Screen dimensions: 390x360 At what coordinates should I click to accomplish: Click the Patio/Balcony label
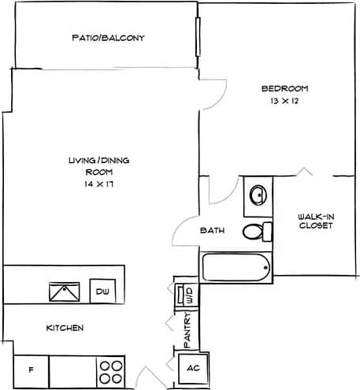(108, 38)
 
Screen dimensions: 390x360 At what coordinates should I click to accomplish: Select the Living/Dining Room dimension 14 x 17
(99, 183)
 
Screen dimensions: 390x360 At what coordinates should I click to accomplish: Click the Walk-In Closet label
(315, 221)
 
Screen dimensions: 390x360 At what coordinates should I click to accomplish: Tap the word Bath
(213, 232)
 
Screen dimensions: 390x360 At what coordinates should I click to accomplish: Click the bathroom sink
(258, 194)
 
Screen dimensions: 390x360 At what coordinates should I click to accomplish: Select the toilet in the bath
(255, 232)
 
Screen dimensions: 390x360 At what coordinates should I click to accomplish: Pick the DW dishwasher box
(101, 291)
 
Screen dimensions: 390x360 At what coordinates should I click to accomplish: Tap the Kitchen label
(65, 328)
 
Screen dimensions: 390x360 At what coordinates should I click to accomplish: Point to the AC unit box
(191, 369)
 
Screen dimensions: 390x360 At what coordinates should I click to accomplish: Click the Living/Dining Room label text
(99, 165)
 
